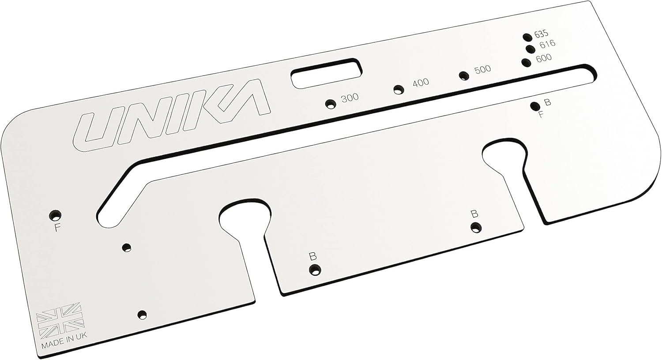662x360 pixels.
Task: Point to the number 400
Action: pyautogui.click(x=420, y=82)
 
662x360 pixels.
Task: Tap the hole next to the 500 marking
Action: pyautogui.click(x=463, y=75)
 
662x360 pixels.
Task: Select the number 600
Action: pyautogui.click(x=543, y=58)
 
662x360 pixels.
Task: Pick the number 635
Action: pyautogui.click(x=541, y=34)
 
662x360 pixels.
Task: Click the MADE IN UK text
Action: pyautogui.click(x=64, y=346)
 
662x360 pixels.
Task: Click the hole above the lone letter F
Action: pyautogui.click(x=55, y=215)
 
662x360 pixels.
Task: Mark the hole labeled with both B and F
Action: pyautogui.click(x=535, y=106)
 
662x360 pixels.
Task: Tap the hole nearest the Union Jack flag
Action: pyautogui.click(x=142, y=315)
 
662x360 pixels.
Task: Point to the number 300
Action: pyautogui.click(x=350, y=97)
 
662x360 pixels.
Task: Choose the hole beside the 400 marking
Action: pyautogui.click(x=399, y=90)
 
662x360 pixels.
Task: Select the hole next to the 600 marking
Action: pyautogui.click(x=526, y=62)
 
